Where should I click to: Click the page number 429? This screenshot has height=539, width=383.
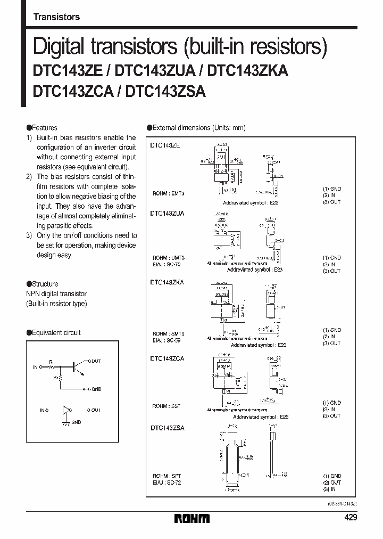tap(350, 518)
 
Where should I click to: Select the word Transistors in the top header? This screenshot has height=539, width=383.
tap(56, 17)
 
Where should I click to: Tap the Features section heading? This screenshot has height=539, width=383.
tap(42, 128)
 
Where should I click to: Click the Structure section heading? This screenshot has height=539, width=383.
tap(43, 284)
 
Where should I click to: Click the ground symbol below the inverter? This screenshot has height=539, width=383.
tap(66, 423)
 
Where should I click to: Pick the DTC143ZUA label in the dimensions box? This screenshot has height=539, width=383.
tap(167, 213)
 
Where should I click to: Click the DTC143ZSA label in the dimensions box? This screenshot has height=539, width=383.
tap(167, 428)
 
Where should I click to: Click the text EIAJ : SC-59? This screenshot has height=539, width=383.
tap(168, 340)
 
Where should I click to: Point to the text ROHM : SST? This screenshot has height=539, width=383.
tap(166, 406)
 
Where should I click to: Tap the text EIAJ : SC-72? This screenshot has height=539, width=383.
tap(168, 482)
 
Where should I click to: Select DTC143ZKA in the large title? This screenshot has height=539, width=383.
tap(248, 71)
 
